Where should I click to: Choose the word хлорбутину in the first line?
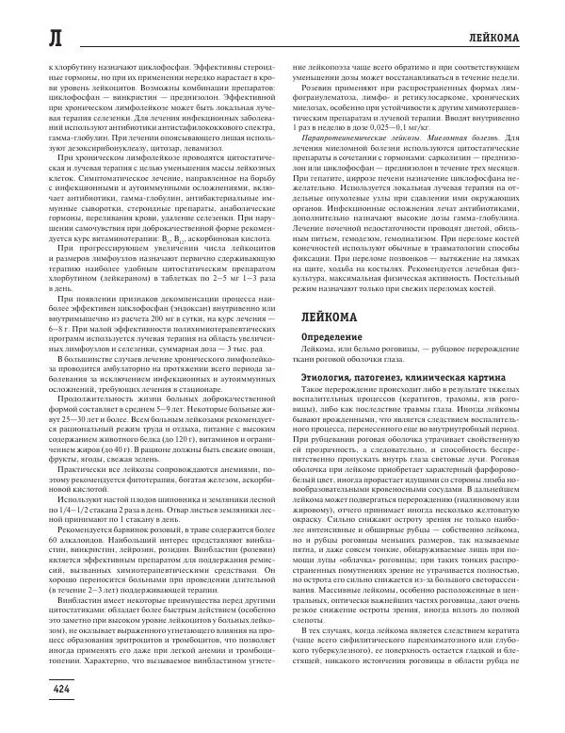[x=73, y=70]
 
